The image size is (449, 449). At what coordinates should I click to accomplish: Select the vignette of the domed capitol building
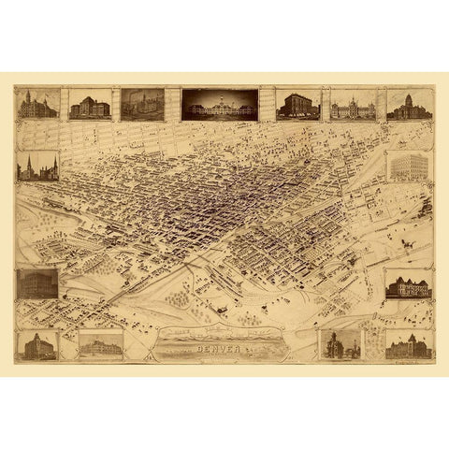410,104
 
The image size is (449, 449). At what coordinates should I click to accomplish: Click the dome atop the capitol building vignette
410,96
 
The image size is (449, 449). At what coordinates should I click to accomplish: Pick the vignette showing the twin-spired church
37,167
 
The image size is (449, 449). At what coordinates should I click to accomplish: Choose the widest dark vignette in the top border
219,105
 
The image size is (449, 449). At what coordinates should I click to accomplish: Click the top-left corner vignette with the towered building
37,104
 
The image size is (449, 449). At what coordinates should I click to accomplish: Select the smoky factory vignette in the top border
142,104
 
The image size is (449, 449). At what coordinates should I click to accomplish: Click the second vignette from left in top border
90,105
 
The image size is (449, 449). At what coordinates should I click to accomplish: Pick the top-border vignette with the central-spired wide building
352,105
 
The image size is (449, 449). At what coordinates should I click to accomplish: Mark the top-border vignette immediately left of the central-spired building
298,104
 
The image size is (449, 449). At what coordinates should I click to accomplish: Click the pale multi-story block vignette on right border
410,167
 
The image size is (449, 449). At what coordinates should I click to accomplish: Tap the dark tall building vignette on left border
37,282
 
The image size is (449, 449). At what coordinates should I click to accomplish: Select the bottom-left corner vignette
37,345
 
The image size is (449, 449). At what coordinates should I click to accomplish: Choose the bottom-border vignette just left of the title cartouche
101,345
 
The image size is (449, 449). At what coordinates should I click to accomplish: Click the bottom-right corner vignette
410,345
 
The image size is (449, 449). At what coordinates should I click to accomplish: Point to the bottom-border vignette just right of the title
340,344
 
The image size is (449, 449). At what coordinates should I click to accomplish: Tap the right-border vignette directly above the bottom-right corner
410,283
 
